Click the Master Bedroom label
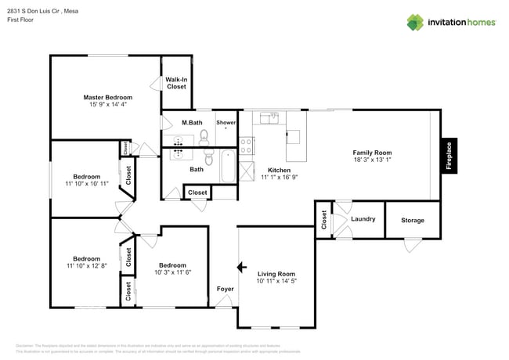(108, 97)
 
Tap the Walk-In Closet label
(176, 83)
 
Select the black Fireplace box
(449, 154)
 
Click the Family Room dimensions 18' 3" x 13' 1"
(372, 160)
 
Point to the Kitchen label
(279, 170)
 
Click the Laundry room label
(363, 219)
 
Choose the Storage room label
(413, 220)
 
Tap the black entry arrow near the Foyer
(243, 268)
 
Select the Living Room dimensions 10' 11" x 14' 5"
(277, 281)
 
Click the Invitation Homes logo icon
(415, 22)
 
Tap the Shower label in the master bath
(226, 123)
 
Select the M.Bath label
(193, 123)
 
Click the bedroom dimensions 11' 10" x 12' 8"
(87, 266)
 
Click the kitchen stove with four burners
(247, 145)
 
